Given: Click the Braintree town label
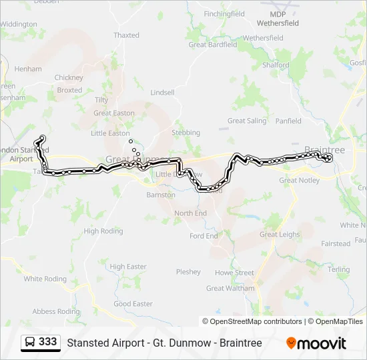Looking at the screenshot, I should [x=324, y=150].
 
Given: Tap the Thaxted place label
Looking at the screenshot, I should [x=126, y=35].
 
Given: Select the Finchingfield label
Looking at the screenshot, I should [x=224, y=13].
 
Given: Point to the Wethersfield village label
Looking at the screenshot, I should [x=264, y=39].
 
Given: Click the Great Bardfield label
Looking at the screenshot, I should [x=213, y=45].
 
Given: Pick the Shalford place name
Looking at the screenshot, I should [x=276, y=65].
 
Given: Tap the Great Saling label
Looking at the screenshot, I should [x=247, y=121].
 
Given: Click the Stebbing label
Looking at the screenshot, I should [x=186, y=133].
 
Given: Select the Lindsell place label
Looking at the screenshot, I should [x=163, y=93].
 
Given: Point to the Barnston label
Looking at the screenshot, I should [x=160, y=195].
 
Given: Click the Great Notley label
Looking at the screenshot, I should [x=299, y=180].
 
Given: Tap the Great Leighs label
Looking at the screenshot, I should [x=279, y=235].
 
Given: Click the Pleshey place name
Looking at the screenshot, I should [x=188, y=272].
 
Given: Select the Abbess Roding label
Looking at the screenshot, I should [x=56, y=311].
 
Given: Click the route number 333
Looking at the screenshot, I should [x=47, y=342].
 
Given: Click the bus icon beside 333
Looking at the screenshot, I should [x=31, y=343].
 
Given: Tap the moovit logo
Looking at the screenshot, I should [x=316, y=343].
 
